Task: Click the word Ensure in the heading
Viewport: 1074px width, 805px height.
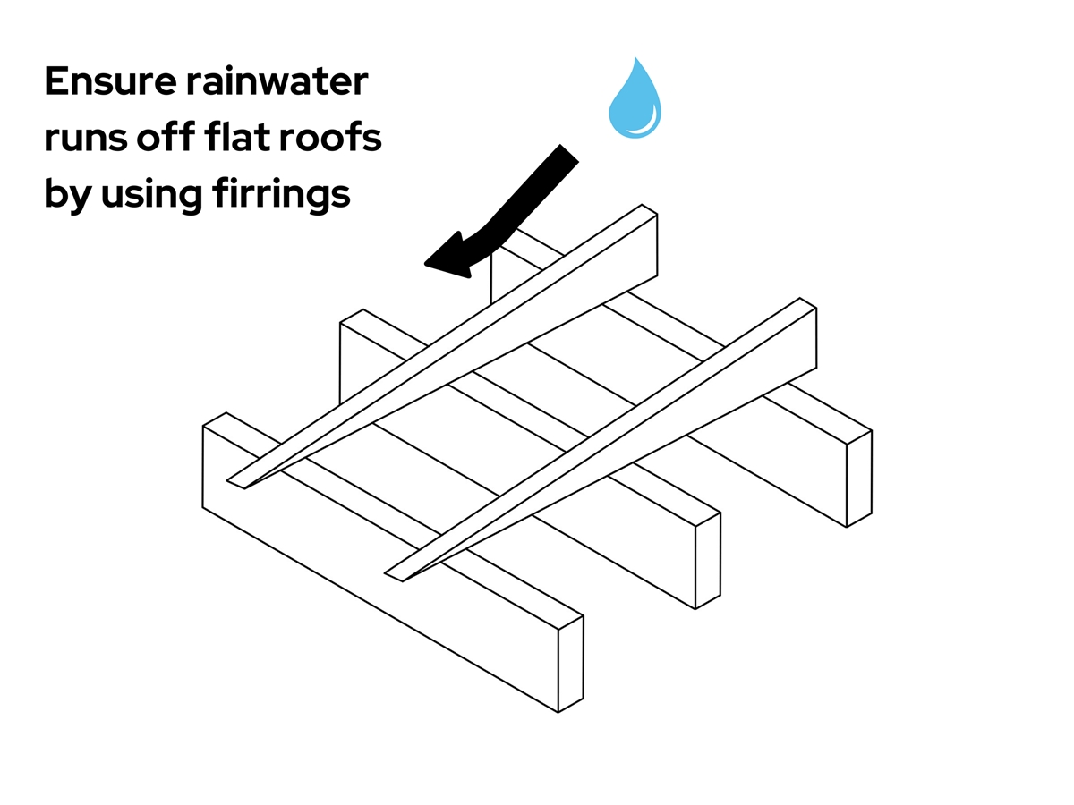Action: (102, 82)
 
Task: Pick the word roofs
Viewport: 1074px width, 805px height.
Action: (333, 140)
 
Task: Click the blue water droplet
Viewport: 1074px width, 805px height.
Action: (635, 102)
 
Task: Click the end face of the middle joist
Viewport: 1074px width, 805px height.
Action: (708, 561)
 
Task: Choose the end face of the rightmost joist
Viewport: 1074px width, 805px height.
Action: (859, 479)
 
